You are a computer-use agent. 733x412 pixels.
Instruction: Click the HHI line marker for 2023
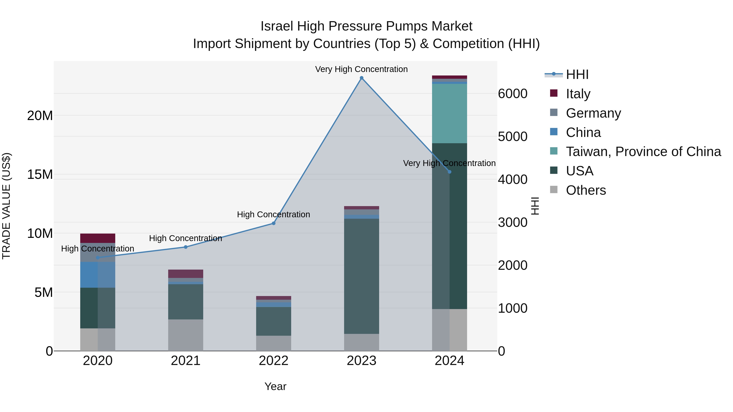coord(361,78)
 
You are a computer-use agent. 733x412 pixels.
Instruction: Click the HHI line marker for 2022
coord(273,223)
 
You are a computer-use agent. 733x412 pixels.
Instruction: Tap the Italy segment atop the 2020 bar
coord(98,238)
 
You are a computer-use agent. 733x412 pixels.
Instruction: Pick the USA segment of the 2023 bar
coord(361,276)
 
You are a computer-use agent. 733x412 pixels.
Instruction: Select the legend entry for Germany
coord(593,113)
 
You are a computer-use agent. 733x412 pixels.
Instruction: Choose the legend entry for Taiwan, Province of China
coord(643,152)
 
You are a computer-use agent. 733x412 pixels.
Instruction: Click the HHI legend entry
coord(577,74)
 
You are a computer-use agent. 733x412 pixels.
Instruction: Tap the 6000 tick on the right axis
coord(512,94)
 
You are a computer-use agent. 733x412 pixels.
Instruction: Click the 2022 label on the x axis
coord(273,361)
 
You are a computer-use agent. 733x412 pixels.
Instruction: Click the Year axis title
coord(275,386)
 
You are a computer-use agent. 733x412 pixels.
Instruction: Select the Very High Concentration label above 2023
coord(361,69)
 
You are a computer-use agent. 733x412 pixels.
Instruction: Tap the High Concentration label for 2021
coord(185,238)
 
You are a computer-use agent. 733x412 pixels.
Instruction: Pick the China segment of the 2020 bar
coord(98,275)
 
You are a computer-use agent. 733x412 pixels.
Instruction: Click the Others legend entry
coord(586,190)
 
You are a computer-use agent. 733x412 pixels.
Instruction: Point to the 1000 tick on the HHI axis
coord(512,308)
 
